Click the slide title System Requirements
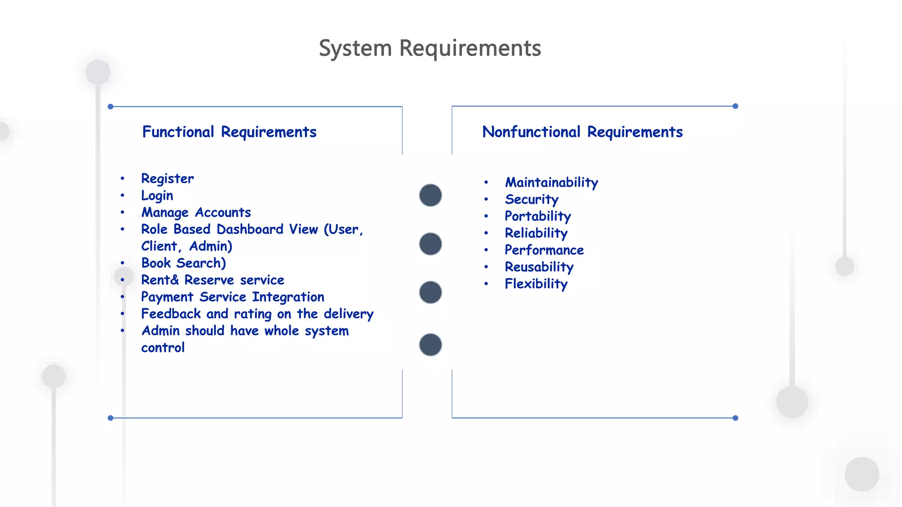pos(430,48)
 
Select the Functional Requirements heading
pos(229,132)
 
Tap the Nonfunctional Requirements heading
pos(582,132)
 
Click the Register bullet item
pos(167,179)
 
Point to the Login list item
pos(157,195)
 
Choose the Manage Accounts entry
pos(196,213)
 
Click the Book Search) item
pos(183,263)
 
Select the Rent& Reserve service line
pos(212,280)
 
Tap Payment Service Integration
pos(233,297)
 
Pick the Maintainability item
pos(551,182)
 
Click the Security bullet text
pos(532,199)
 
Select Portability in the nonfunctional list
pos(538,216)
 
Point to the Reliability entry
pos(536,233)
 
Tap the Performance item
pos(544,250)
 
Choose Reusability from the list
pos(539,267)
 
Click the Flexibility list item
pos(536,284)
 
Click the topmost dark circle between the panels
pos(430,195)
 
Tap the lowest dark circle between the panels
pos(430,345)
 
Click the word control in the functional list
pos(163,348)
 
